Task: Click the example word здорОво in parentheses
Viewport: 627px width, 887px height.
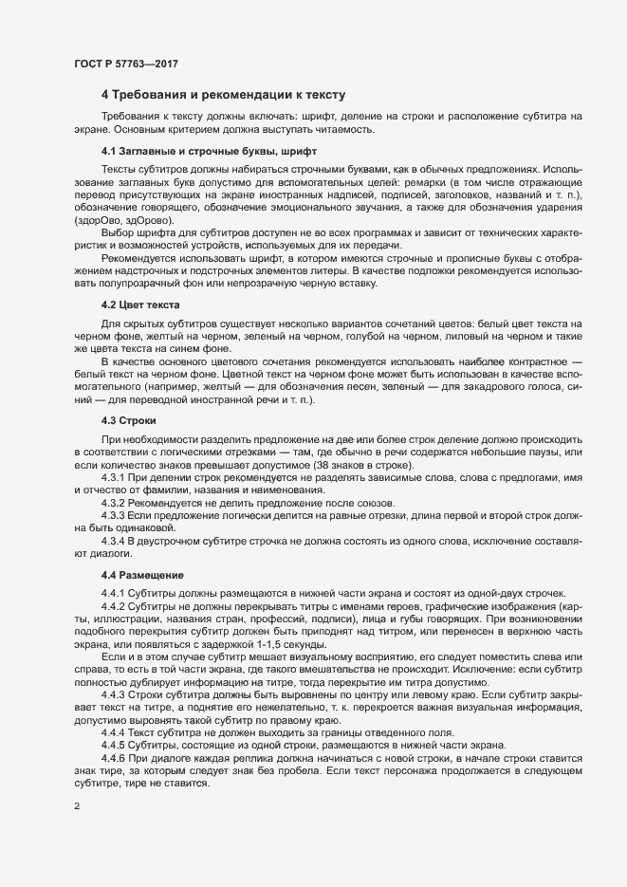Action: (x=94, y=220)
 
